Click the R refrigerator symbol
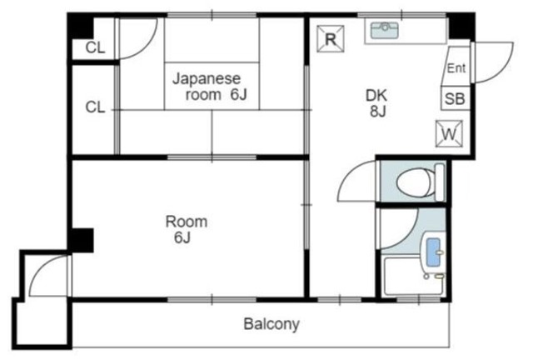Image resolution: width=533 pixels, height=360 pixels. [x=331, y=38]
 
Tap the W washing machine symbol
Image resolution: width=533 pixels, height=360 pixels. [x=448, y=132]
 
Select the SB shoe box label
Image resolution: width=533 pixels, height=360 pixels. [x=454, y=97]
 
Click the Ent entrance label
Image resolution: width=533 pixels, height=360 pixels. [x=456, y=68]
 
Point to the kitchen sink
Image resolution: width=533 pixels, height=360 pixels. [x=384, y=32]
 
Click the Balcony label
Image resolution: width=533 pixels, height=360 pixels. [x=271, y=323]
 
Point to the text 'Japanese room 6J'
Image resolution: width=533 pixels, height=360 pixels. [x=210, y=87]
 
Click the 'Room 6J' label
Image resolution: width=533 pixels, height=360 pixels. [x=186, y=229]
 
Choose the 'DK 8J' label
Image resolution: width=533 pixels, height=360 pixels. [x=376, y=102]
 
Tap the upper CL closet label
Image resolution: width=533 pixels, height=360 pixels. [x=95, y=47]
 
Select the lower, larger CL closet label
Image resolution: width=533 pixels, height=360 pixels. [x=95, y=107]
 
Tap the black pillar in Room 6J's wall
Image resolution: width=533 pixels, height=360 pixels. [x=81, y=240]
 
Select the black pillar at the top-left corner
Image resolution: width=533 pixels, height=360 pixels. [x=80, y=26]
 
